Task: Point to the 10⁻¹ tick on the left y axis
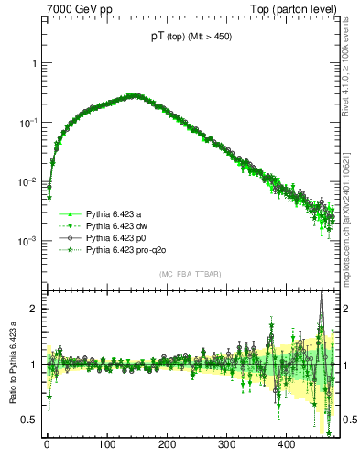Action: [x=26, y=122]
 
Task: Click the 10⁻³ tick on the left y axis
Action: [x=26, y=241]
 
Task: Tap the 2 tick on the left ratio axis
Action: [x=31, y=310]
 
